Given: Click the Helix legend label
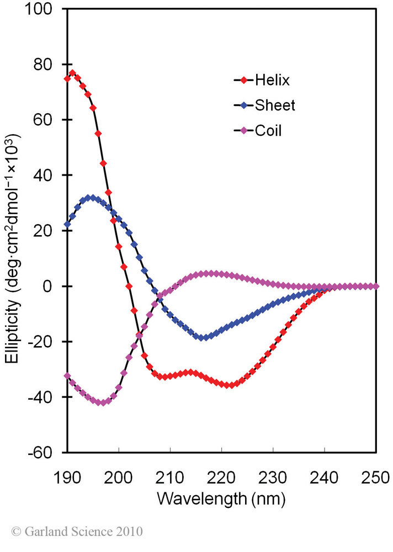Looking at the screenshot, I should point(272,80).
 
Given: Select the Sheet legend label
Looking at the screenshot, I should point(275,105).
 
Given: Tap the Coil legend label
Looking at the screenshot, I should point(268,131).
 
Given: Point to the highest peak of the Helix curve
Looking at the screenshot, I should point(72,73).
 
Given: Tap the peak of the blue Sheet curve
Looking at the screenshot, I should point(91,197).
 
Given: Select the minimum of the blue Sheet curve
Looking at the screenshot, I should point(204,337).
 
